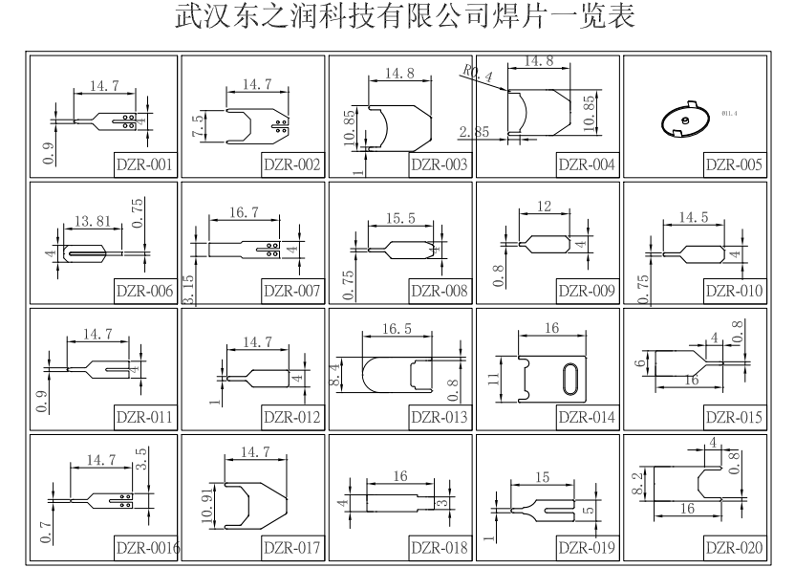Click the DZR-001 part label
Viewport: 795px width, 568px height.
pos(144,164)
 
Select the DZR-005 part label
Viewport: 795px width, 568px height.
pos(734,164)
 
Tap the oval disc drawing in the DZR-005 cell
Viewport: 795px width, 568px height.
pos(685,120)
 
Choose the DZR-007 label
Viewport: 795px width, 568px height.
pos(291,291)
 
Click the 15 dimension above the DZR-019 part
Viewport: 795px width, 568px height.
pos(543,475)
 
